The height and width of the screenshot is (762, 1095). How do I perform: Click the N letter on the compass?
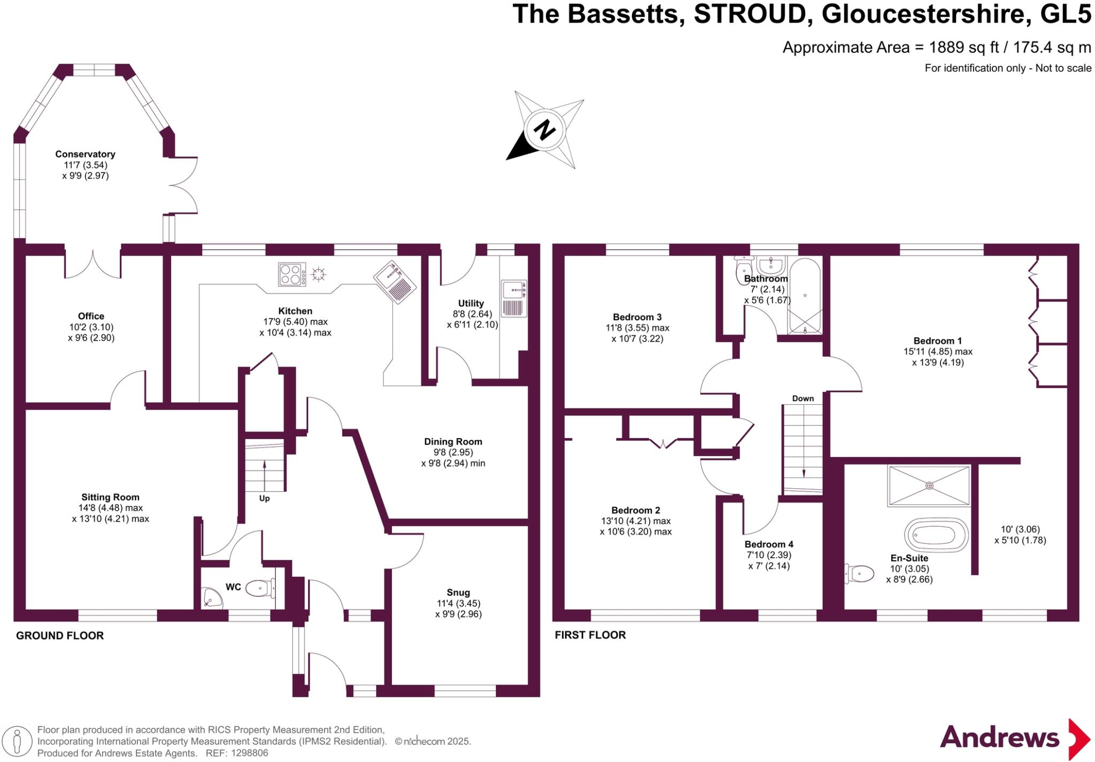544,130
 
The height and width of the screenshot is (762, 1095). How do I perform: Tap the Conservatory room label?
85,154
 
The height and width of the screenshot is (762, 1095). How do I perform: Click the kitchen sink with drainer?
395,282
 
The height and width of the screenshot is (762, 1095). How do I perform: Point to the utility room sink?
514,298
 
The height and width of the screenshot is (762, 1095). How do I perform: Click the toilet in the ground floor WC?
260,588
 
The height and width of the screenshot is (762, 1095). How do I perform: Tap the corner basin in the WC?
212,598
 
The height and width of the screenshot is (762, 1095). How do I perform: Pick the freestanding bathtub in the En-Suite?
936,534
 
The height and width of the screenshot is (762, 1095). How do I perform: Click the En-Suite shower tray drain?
929,486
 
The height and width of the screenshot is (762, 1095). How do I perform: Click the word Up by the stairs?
264,498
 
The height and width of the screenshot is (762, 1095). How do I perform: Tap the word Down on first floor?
803,398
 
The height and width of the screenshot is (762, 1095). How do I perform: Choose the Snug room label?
458,592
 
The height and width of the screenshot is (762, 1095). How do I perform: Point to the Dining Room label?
453,442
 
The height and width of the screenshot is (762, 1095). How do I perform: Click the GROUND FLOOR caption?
60,636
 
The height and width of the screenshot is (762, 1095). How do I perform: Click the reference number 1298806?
249,753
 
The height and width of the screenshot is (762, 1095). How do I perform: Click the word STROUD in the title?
750,14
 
